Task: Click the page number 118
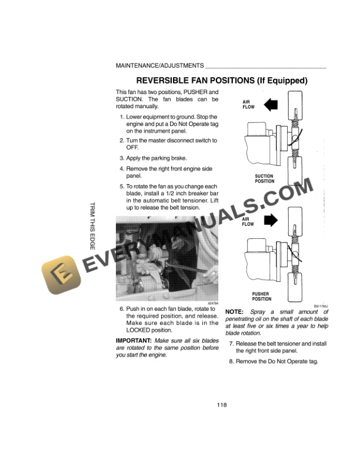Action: [x=221, y=404]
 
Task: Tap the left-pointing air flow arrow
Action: [x=271, y=105]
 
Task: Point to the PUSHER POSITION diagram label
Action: [x=262, y=296]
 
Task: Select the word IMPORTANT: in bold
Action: [x=134, y=341]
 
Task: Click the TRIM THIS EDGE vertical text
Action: [x=91, y=227]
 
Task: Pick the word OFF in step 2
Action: [x=132, y=148]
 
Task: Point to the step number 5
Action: [x=121, y=186]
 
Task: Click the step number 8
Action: [x=231, y=361]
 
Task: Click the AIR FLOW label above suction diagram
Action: [x=248, y=105]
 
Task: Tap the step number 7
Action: [x=231, y=344]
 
